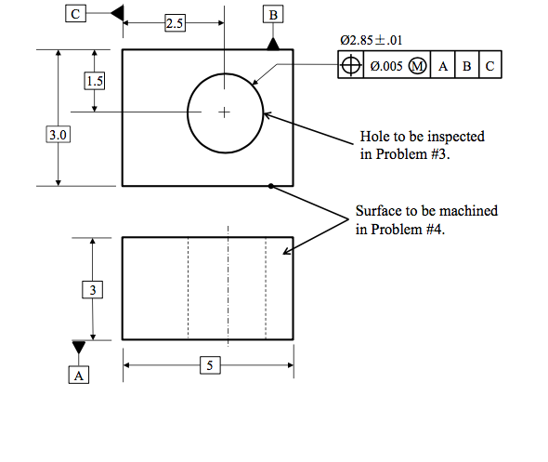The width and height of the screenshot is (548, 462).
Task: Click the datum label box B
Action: [273, 15]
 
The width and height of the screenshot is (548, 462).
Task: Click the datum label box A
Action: [79, 375]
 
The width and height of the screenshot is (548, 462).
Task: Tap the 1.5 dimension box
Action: [94, 81]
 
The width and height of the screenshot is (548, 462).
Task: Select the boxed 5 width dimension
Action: [210, 365]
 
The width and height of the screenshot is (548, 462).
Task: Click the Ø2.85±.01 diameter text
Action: [372, 40]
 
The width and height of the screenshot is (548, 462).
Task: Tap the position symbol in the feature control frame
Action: [350, 67]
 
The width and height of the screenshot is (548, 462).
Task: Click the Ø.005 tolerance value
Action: [385, 67]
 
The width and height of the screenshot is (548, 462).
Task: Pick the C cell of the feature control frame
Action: [489, 67]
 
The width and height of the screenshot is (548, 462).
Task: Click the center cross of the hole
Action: [224, 112]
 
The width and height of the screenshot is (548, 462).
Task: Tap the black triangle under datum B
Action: [273, 43]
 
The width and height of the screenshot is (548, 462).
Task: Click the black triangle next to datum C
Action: [116, 12]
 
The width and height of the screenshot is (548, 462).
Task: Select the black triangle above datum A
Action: [79, 347]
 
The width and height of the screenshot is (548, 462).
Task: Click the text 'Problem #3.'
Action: [405, 154]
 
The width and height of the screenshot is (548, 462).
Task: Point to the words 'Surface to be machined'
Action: [426, 211]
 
